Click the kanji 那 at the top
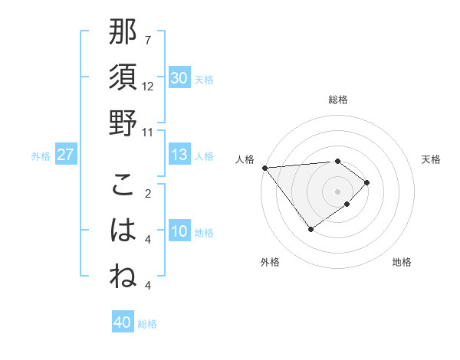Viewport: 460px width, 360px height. tap(123, 32)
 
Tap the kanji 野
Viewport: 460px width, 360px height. tap(123, 123)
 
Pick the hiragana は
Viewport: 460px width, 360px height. tap(123, 231)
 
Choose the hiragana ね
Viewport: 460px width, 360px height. tap(123, 277)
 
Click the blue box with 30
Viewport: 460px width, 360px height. tap(179, 78)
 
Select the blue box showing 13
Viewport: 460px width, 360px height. tap(179, 155)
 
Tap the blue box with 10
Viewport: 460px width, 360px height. tap(179, 232)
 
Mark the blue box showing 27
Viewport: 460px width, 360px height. tap(65, 155)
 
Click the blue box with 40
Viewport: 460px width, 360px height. tap(122, 322)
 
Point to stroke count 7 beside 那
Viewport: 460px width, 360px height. tap(147, 40)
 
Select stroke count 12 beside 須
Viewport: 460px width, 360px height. tap(148, 86)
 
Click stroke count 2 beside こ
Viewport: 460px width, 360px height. tap(147, 193)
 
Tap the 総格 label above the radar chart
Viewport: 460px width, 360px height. tap(337, 100)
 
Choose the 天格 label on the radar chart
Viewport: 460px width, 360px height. tap(431, 159)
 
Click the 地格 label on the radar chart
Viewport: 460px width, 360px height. tap(402, 262)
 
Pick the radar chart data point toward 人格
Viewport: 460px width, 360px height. tap(264, 167)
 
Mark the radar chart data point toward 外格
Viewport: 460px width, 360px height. tap(310, 229)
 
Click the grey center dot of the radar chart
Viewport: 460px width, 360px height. tap(337, 190)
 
